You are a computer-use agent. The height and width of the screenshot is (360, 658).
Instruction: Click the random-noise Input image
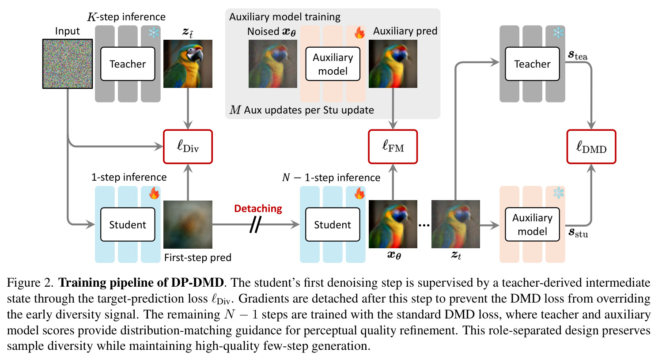pyautogui.click(x=68, y=64)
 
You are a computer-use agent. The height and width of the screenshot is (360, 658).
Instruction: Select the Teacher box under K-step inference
pyautogui.click(x=128, y=64)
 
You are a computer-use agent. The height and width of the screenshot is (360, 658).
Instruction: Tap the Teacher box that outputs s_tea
pyautogui.click(x=532, y=64)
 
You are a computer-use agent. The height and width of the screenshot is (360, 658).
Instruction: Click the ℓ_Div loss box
pyautogui.click(x=188, y=147)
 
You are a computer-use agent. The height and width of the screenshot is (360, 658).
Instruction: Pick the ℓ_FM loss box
pyautogui.click(x=393, y=147)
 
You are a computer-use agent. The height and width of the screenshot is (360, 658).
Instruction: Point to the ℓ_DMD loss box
pyautogui.click(x=591, y=147)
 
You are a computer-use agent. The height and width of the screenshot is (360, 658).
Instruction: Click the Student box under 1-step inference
pyautogui.click(x=128, y=224)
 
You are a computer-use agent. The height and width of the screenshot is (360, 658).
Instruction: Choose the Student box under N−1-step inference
pyautogui.click(x=333, y=224)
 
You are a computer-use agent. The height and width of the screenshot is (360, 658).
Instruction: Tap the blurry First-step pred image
pyautogui.click(x=188, y=224)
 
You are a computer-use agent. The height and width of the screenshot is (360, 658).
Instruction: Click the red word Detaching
pyautogui.click(x=258, y=208)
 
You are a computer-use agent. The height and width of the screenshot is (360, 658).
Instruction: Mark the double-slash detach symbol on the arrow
pyautogui.click(x=255, y=225)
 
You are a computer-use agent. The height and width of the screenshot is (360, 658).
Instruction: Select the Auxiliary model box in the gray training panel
pyautogui.click(x=333, y=64)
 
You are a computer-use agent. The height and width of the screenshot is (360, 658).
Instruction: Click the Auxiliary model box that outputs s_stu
pyautogui.click(x=532, y=224)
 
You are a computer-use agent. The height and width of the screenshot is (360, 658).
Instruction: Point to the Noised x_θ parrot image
pyautogui.click(x=273, y=64)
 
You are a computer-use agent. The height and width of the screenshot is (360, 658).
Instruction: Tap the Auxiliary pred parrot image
pyautogui.click(x=393, y=64)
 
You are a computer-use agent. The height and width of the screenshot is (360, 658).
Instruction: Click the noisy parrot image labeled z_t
pyautogui.click(x=456, y=224)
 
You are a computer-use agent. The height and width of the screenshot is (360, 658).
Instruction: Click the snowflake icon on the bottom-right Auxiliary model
pyautogui.click(x=559, y=193)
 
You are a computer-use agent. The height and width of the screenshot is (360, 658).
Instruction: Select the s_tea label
pyautogui.click(x=578, y=55)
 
